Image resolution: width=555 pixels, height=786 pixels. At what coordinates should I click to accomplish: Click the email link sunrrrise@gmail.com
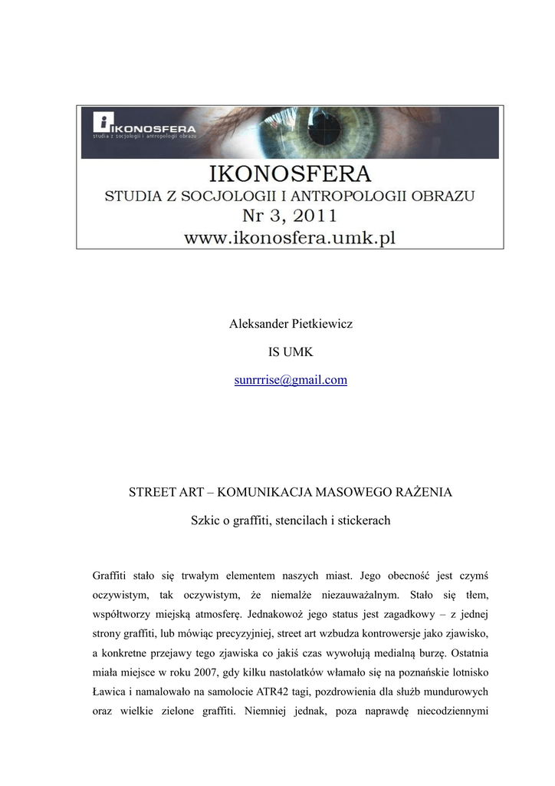291,380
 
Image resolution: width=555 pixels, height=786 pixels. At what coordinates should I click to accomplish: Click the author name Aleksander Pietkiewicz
291,324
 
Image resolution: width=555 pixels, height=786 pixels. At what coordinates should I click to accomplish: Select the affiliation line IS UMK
291,352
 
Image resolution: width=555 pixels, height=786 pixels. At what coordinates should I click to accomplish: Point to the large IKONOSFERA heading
290,172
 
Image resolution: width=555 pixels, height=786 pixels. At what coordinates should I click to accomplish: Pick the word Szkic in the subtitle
205,520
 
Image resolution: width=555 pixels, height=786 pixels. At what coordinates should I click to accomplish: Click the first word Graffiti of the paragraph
110,575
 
